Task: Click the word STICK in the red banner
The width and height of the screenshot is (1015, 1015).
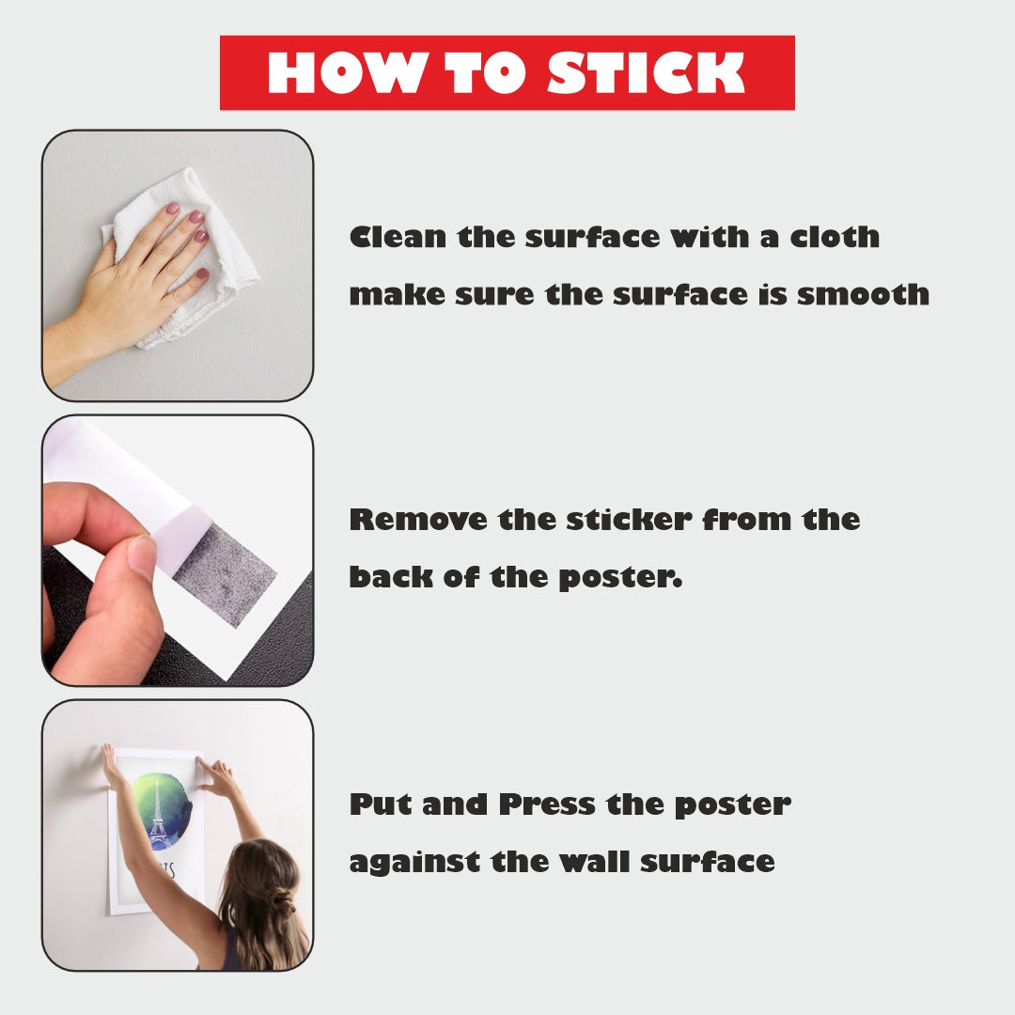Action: click(646, 72)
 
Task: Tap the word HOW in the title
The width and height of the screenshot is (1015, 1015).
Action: click(348, 72)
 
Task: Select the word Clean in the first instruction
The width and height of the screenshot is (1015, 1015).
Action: click(398, 237)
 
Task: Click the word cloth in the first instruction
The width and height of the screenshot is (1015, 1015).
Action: click(835, 237)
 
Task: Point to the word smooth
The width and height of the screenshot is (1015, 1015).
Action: click(863, 294)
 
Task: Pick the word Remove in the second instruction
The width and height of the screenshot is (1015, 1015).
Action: click(418, 520)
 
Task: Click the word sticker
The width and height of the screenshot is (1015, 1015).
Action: click(629, 520)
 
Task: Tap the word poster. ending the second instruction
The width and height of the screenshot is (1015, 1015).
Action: click(620, 578)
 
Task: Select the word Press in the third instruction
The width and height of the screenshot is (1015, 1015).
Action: click(547, 804)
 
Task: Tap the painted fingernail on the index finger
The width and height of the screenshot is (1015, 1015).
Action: click(172, 209)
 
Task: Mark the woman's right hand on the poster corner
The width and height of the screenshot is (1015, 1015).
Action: click(219, 777)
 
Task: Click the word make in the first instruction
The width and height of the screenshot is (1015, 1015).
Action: click(397, 294)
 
